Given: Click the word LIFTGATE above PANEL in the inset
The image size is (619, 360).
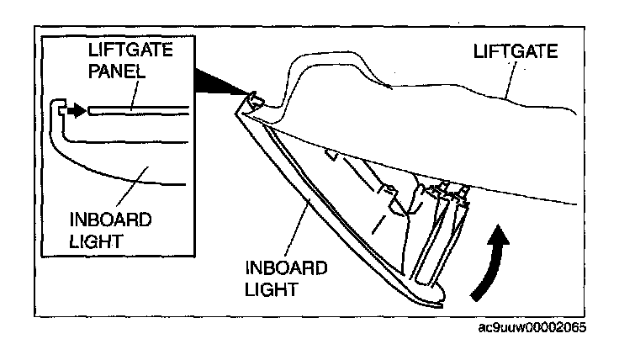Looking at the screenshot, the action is pyautogui.click(x=131, y=52).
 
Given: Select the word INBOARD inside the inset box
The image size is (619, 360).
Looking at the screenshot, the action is pyautogui.click(x=111, y=220).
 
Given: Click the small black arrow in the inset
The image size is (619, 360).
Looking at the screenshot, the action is pyautogui.click(x=77, y=109).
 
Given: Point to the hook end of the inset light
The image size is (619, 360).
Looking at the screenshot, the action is pyautogui.click(x=57, y=109).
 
